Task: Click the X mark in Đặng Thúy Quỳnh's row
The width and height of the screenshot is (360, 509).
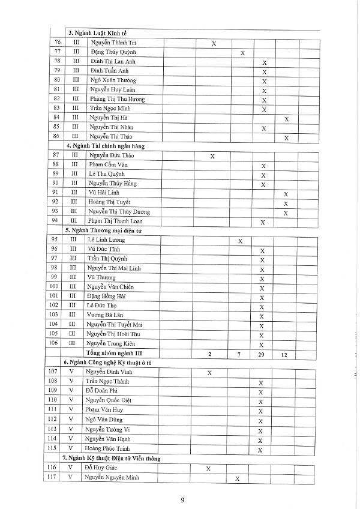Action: tap(242, 53)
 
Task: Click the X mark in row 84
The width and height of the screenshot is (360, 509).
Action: tap(287, 119)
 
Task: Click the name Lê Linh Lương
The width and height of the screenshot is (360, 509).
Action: tap(107, 239)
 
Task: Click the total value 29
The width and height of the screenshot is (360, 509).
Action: tap(262, 354)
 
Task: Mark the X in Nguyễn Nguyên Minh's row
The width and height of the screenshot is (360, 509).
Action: tap(237, 478)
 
